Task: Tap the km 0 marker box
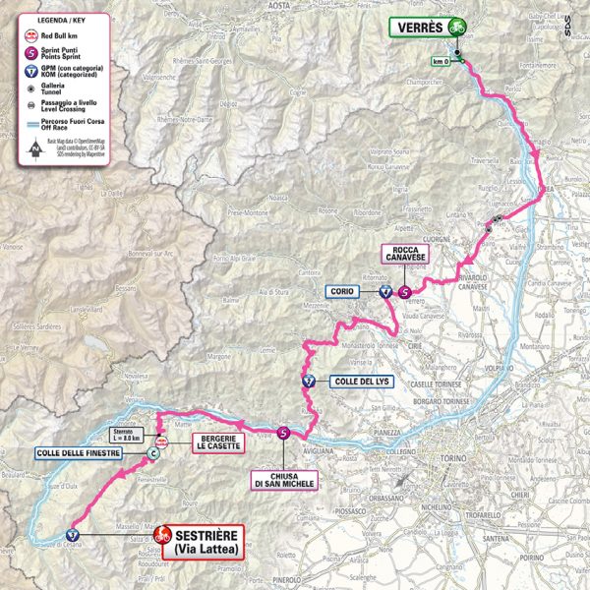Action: [441, 62]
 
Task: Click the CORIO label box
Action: [342, 291]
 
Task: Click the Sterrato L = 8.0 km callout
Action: [130, 434]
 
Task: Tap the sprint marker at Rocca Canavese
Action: [404, 291]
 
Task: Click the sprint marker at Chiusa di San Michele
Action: [284, 432]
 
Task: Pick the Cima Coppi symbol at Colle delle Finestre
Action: [152, 453]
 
